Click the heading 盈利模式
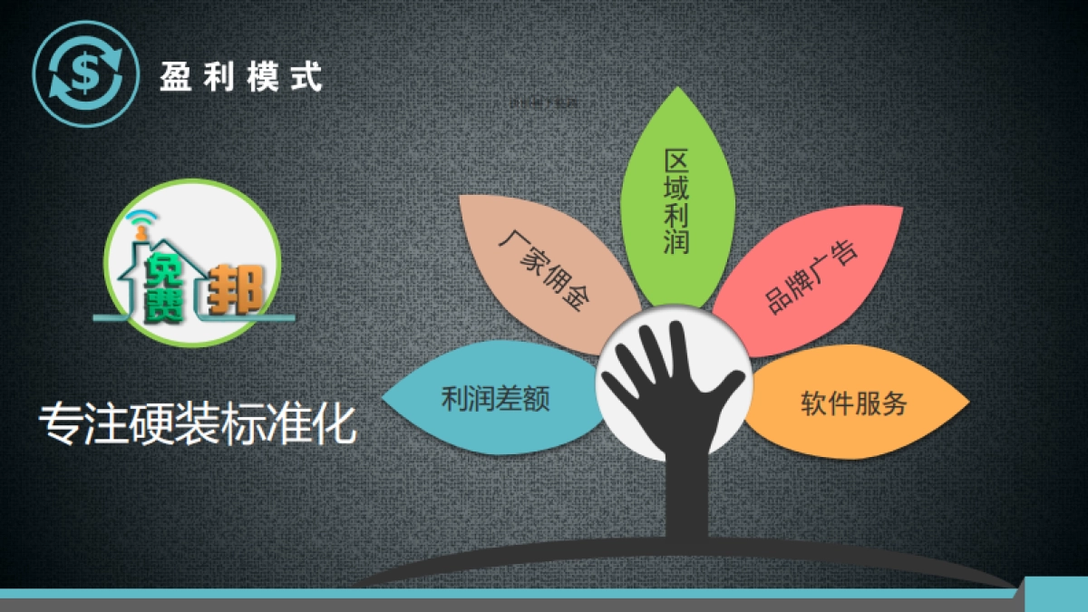[240, 76]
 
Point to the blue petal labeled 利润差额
[495, 399]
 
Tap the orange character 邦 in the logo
[235, 289]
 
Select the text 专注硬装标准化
[198, 424]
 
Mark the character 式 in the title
[307, 76]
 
